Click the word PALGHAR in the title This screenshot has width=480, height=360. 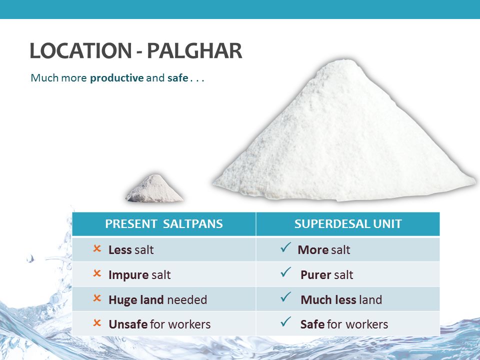point(194,51)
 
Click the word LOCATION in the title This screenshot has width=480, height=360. point(81,51)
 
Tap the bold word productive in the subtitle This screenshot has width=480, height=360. point(116,78)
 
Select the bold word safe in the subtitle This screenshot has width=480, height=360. point(177,78)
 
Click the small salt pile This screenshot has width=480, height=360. point(154,189)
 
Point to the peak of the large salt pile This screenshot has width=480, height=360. point(345,60)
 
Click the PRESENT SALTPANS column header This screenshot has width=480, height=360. point(164,224)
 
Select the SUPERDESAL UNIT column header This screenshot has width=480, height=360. point(348,224)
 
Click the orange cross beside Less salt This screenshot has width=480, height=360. point(97,248)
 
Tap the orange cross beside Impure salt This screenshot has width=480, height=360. point(97,273)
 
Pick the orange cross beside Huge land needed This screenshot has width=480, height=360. point(97,298)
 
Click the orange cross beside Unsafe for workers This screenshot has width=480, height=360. point(97,322)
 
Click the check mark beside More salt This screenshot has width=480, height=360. point(285,247)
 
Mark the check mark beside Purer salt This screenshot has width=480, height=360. point(285,272)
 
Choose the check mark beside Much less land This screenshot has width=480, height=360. point(285,296)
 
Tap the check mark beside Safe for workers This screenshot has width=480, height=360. point(285,321)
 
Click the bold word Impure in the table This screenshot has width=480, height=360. point(128,275)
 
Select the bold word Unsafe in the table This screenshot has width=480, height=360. point(128,324)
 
